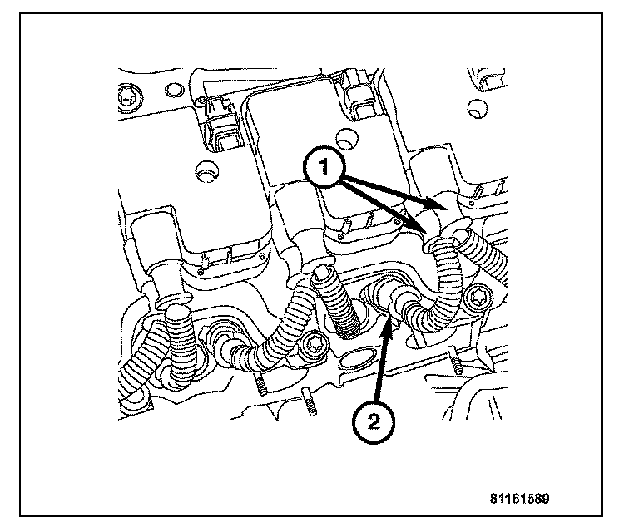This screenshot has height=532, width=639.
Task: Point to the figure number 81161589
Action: click(520, 500)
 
